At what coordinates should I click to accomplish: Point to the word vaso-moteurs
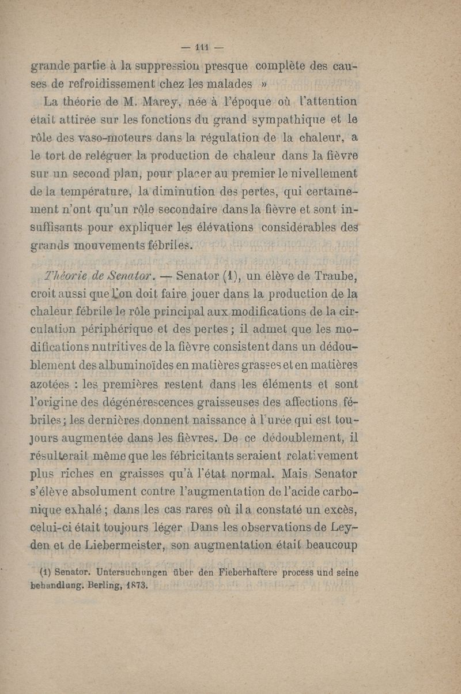pos(110,137)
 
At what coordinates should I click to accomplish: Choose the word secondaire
pos(201,208)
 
